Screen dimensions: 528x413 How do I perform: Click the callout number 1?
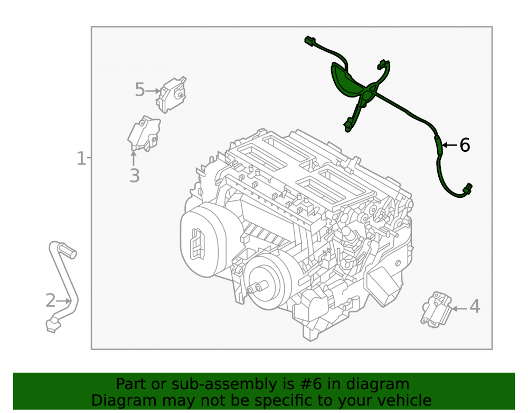point(81,159)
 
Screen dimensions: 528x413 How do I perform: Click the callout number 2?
point(51,300)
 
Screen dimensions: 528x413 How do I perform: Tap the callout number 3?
point(135,176)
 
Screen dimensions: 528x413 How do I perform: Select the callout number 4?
point(475,307)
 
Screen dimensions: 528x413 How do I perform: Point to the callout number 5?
point(140,90)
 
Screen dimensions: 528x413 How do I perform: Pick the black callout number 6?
point(465,145)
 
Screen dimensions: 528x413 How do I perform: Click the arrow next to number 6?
point(450,145)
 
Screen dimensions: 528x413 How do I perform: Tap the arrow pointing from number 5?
point(153,91)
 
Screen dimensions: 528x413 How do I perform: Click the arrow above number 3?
point(134,159)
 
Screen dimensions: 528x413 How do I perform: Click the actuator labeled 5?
point(172,95)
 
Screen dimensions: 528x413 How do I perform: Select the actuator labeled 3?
point(144,134)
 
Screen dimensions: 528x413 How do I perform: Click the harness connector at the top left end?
point(310,42)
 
